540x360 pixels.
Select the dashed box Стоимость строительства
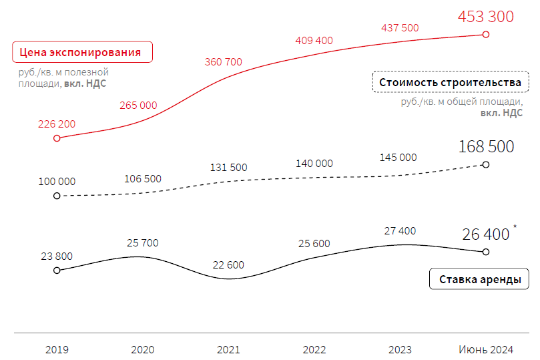pyautogui.click(x=449, y=82)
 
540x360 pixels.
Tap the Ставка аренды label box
pyautogui.click(x=479, y=279)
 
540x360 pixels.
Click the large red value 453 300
pyautogui.click(x=485, y=17)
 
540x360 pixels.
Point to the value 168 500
pyautogui.click(x=486, y=146)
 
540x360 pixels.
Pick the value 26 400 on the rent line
pyautogui.click(x=485, y=234)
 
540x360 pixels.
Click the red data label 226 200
pyautogui.click(x=57, y=124)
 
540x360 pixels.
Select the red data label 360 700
pyautogui.click(x=223, y=62)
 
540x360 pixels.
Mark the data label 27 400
pyautogui.click(x=400, y=231)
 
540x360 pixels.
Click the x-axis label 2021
pyautogui.click(x=228, y=349)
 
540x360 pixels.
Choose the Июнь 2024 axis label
pyautogui.click(x=486, y=349)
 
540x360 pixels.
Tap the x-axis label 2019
pyautogui.click(x=57, y=349)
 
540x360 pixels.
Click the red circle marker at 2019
pyautogui.click(x=57, y=138)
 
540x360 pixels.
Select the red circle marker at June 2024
pyautogui.click(x=486, y=34)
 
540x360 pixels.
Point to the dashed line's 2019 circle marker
pyautogui.click(x=57, y=196)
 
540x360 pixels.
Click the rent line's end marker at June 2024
pyautogui.click(x=486, y=252)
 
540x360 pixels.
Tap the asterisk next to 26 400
pyautogui.click(x=515, y=228)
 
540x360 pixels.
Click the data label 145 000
pyautogui.click(x=398, y=158)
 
